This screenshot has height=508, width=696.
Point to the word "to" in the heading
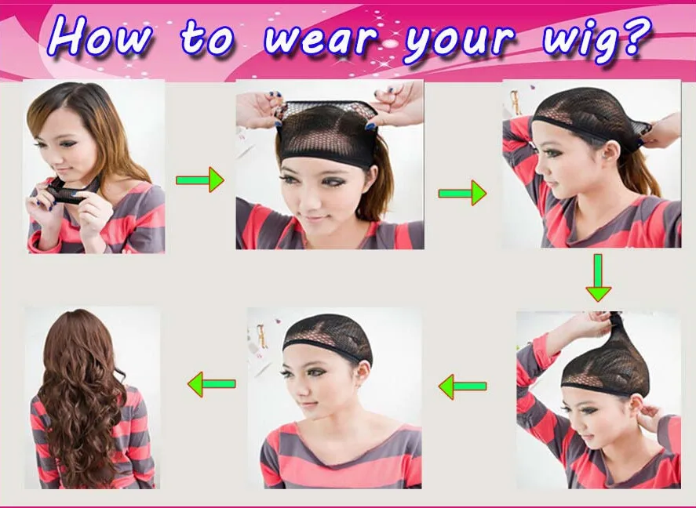click(207, 38)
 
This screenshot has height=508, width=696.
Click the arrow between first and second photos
click(200, 180)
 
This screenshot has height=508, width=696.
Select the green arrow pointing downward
click(599, 278)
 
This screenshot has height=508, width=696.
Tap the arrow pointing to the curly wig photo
click(212, 384)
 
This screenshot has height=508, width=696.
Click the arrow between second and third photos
click(462, 193)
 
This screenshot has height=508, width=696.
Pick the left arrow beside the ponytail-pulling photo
click(462, 386)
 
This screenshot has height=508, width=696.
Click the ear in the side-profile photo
click(610, 153)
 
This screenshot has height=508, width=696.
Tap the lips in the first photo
click(64, 171)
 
